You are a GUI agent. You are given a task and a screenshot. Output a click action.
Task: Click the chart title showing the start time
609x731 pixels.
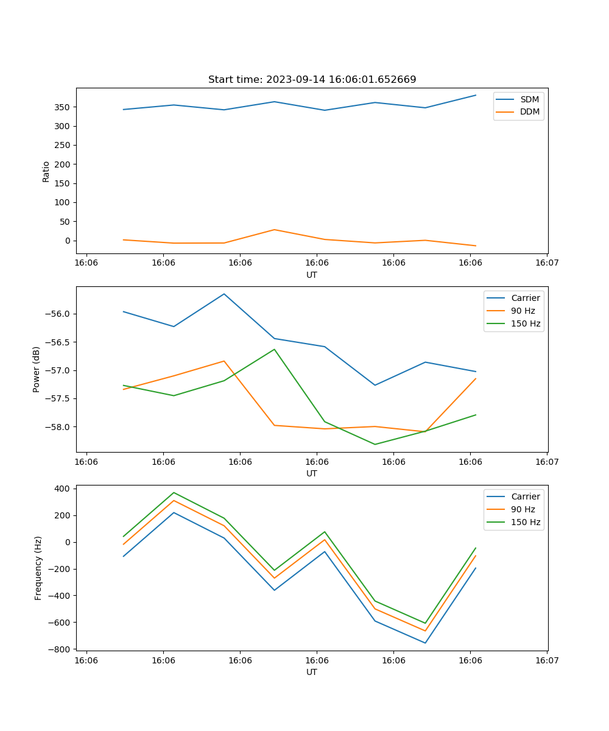[312, 80]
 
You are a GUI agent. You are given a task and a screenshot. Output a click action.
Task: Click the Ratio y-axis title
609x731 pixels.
[46, 171]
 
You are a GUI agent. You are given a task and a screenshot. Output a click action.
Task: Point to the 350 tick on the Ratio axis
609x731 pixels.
[63, 107]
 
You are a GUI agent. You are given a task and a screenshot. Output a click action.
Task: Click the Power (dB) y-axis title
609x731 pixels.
[37, 369]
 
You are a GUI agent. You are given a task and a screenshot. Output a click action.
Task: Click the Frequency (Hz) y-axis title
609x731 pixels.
[38, 568]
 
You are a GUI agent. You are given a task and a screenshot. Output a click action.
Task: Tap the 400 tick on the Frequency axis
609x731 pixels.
[63, 489]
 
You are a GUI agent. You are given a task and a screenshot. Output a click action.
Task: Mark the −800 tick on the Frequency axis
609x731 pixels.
[61, 649]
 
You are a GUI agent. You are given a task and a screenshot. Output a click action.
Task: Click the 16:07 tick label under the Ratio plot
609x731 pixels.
[546, 263]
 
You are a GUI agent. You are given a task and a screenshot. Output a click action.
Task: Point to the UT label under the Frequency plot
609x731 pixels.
[312, 672]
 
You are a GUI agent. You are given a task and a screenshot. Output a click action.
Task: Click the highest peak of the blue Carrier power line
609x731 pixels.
[224, 294]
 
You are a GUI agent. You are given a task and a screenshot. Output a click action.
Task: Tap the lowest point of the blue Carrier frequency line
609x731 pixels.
[425, 643]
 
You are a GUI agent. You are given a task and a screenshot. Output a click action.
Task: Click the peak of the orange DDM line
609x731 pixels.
[274, 230]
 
